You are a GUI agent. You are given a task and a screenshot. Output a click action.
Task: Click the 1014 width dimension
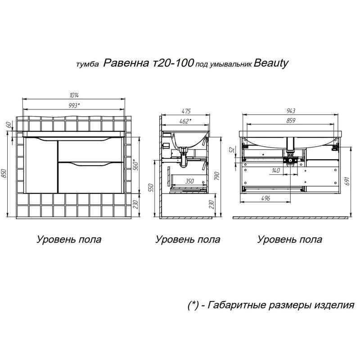pos(75,95)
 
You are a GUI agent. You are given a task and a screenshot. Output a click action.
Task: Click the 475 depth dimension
pos(186,111)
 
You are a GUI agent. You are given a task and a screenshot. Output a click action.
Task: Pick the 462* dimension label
pos(184,121)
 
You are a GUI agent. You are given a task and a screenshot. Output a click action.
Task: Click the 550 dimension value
pos(151,187)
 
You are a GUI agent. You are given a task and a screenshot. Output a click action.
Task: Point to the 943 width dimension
pos(291,111)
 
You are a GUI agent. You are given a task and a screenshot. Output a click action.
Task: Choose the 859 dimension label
pos(291,121)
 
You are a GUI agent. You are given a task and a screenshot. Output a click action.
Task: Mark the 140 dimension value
pos(277,170)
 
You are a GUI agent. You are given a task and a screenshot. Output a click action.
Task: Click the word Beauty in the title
pos(271,63)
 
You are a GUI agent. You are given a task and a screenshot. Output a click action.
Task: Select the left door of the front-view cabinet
pos(41,166)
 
